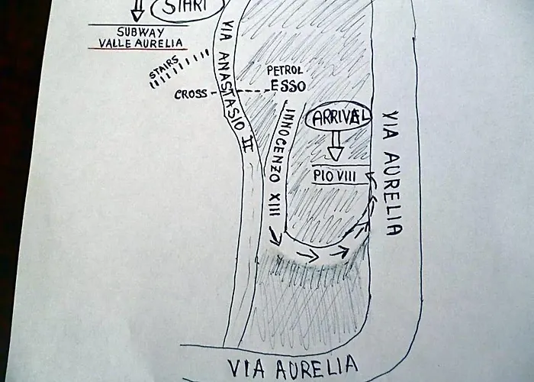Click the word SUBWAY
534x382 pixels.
140,32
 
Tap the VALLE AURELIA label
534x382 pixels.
140,43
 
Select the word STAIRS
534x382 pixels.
164,66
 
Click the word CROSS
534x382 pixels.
190,94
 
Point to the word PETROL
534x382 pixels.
285,70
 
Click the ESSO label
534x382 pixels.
288,86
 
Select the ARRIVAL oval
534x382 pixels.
338,118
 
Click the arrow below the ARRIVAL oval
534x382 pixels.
336,146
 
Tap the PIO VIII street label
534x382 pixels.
334,176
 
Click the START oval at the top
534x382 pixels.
188,10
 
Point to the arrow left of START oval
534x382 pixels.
137,10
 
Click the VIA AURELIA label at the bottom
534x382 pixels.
293,367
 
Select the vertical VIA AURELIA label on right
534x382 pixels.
391,173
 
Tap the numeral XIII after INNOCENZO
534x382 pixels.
275,205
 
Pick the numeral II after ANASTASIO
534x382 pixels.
248,144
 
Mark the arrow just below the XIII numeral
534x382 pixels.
276,235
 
